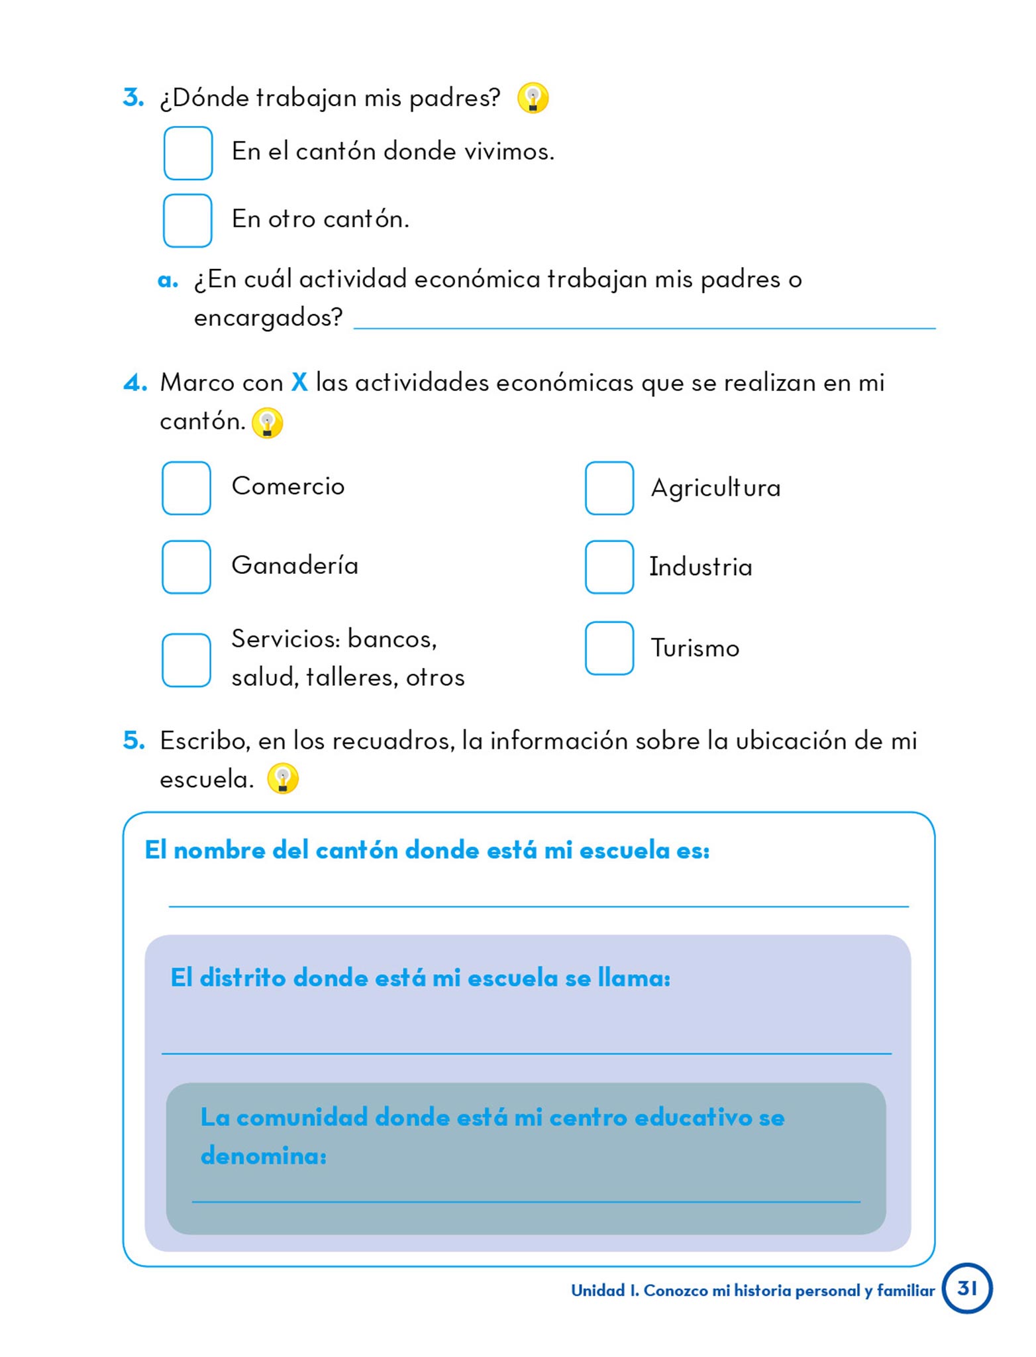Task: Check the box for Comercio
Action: point(186,488)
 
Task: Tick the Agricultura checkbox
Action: point(609,488)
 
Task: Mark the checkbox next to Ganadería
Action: point(186,567)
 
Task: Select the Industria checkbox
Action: point(609,567)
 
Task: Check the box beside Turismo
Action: point(609,647)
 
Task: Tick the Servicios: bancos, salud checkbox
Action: point(186,660)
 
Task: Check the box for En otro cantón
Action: point(187,220)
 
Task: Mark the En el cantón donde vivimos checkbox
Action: point(187,152)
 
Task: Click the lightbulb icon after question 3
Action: point(533,98)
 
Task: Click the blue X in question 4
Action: point(299,382)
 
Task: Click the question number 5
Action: point(133,740)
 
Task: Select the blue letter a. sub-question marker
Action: point(168,280)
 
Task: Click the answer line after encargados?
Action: point(644,326)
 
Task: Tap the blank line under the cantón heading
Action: point(538,904)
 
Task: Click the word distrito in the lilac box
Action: point(242,977)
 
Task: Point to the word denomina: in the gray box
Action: point(264,1156)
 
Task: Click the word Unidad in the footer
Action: point(597,1290)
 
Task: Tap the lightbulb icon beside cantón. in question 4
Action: point(267,422)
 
